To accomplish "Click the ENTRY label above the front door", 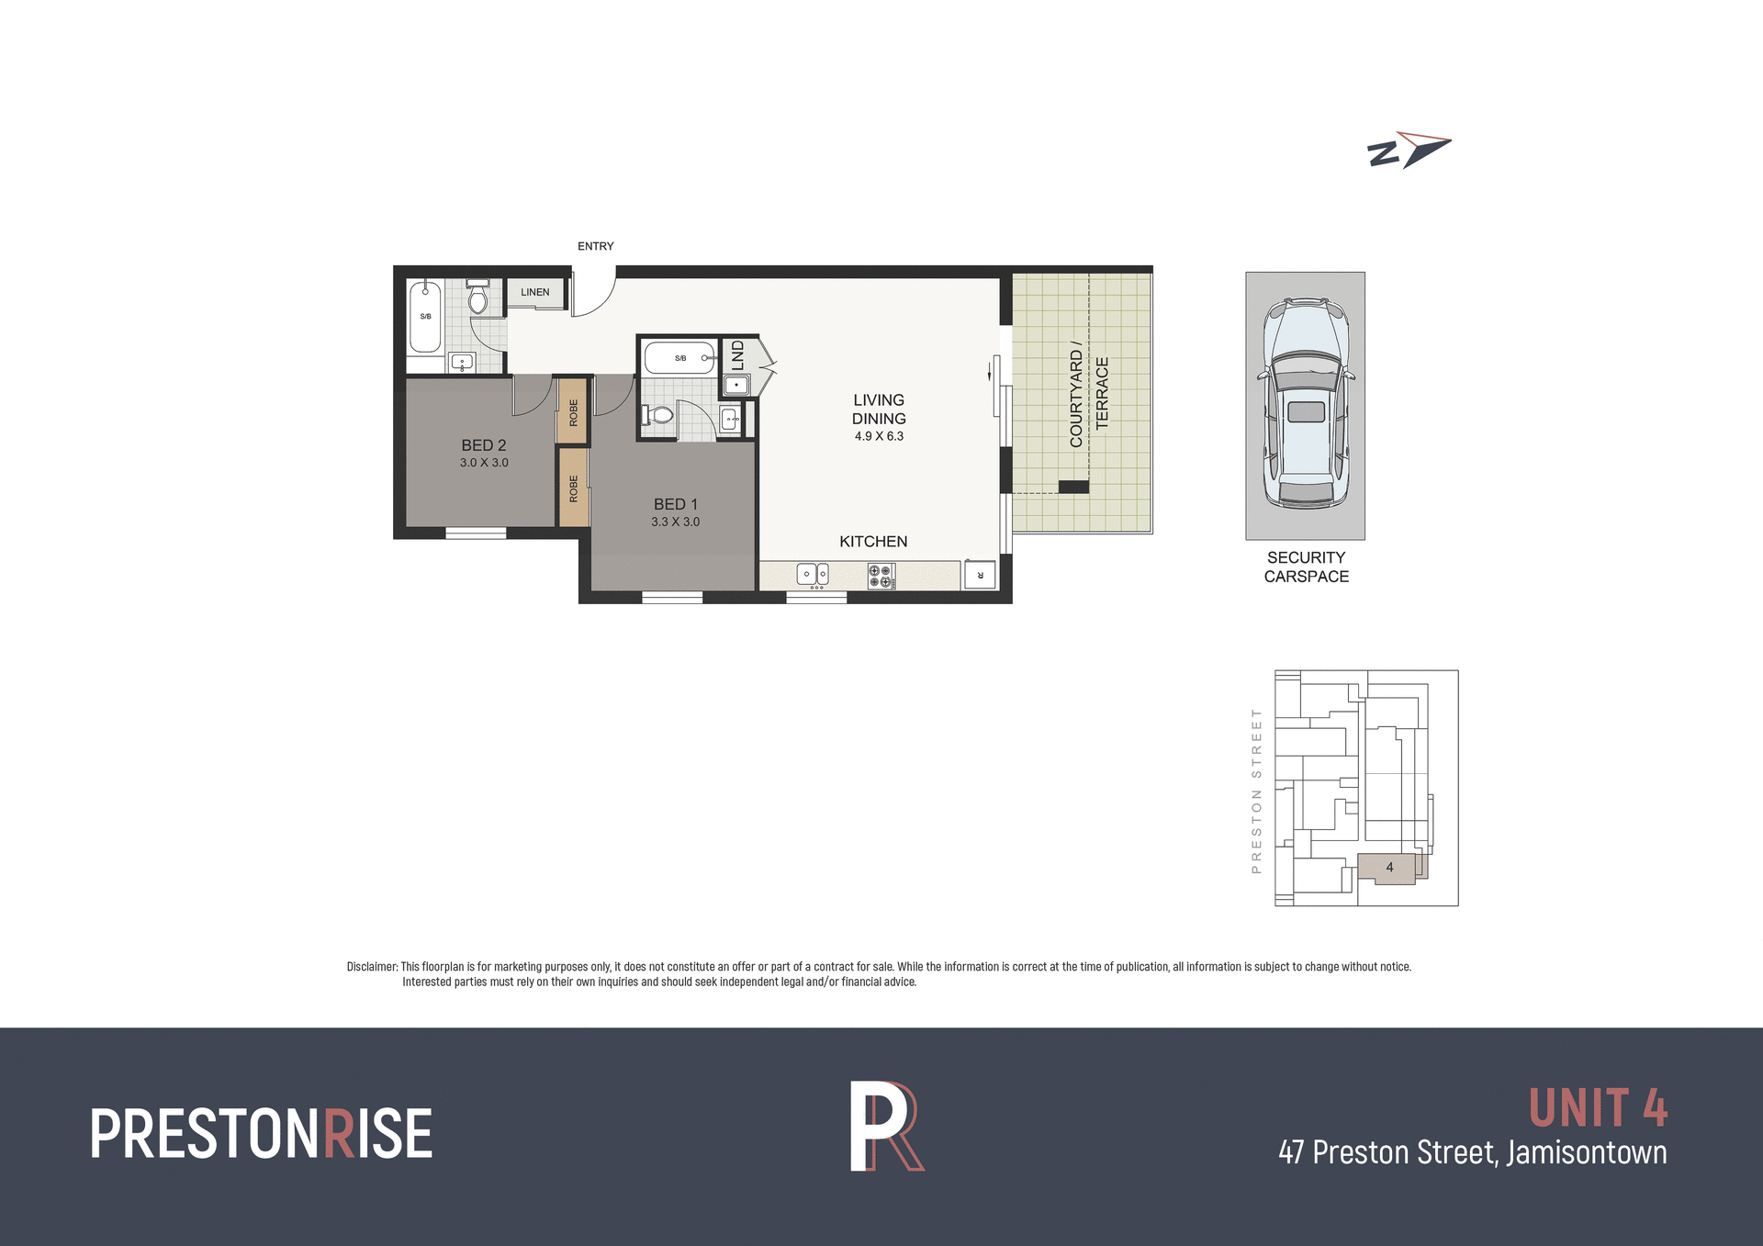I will click(x=595, y=246).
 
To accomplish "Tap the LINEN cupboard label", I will click(x=534, y=292).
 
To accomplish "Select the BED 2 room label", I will click(x=484, y=445).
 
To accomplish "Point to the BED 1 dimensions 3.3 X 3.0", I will click(x=675, y=522).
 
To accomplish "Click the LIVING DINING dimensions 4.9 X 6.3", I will click(x=879, y=436).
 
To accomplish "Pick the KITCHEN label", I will click(x=873, y=542).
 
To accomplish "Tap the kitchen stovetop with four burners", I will click(x=881, y=576).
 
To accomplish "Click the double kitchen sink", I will click(x=813, y=575).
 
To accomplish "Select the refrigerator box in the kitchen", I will click(x=980, y=575).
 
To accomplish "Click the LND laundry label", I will click(x=737, y=355).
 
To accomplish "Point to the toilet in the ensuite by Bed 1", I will click(x=657, y=415).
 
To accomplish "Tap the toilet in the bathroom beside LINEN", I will click(x=477, y=297).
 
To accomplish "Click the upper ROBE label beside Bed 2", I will click(x=573, y=412).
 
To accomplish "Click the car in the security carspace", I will click(x=1305, y=403).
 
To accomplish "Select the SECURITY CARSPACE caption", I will click(x=1306, y=567).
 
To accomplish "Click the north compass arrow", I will click(x=1409, y=150).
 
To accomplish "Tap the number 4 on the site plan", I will click(x=1389, y=867).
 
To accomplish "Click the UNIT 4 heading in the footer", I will click(x=1598, y=1108).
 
